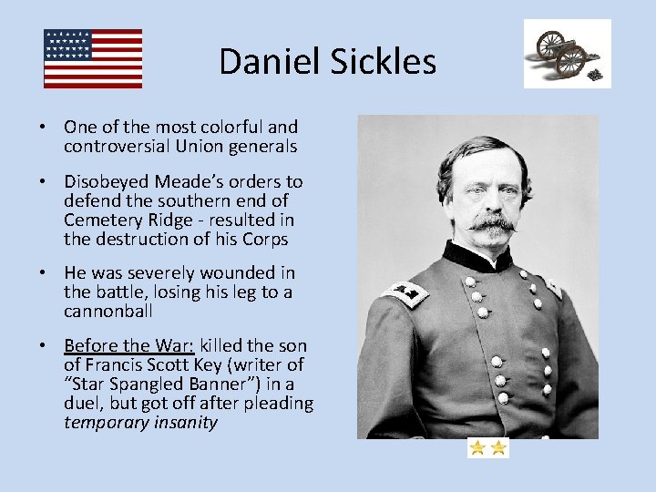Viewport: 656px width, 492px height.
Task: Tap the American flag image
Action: pyautogui.click(x=93, y=58)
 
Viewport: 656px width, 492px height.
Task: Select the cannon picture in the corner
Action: pyautogui.click(x=567, y=54)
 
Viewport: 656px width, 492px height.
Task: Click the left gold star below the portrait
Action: pyautogui.click(x=477, y=448)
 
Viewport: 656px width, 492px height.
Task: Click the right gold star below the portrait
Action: pyautogui.click(x=498, y=448)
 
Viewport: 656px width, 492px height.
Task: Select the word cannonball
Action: pyautogui.click(x=107, y=311)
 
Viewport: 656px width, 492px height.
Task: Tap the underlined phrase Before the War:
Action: pyautogui.click(x=130, y=346)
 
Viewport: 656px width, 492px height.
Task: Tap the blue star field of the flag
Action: pyautogui.click(x=68, y=44)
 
